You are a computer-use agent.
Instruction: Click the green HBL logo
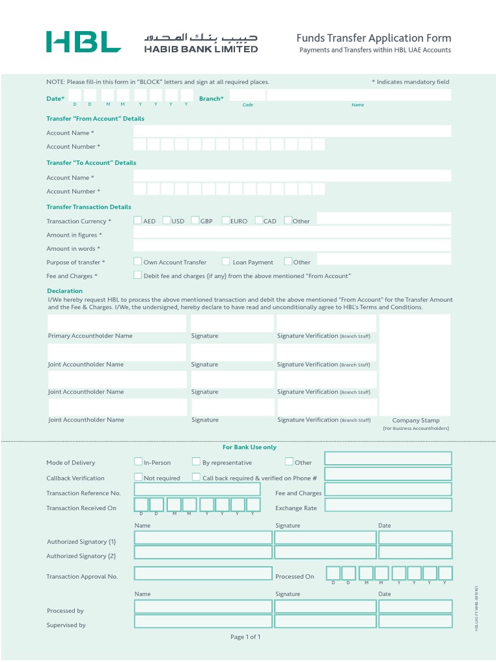point(83,41)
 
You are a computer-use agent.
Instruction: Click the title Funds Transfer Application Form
point(373,38)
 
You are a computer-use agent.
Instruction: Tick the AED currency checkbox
point(138,220)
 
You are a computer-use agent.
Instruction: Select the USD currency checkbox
point(167,220)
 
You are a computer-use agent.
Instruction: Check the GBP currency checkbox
point(195,220)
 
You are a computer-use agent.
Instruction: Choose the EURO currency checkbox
point(225,220)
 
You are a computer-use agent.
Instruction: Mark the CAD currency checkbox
point(259,220)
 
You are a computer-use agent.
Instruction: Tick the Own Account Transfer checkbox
point(138,262)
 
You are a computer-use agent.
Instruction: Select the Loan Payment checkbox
point(226,262)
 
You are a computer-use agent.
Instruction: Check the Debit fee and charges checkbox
point(138,275)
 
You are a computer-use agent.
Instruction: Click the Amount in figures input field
point(292,232)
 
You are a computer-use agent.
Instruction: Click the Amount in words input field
point(292,246)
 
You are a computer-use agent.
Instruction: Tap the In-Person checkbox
point(138,462)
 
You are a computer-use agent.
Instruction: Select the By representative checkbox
point(196,462)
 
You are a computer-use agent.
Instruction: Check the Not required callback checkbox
point(138,477)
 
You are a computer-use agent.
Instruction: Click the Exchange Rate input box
point(388,505)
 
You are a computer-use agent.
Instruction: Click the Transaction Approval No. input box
point(203,573)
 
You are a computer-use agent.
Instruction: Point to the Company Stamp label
point(415,420)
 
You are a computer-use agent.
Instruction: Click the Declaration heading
point(65,291)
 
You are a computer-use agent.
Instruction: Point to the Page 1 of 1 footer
point(245,637)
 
